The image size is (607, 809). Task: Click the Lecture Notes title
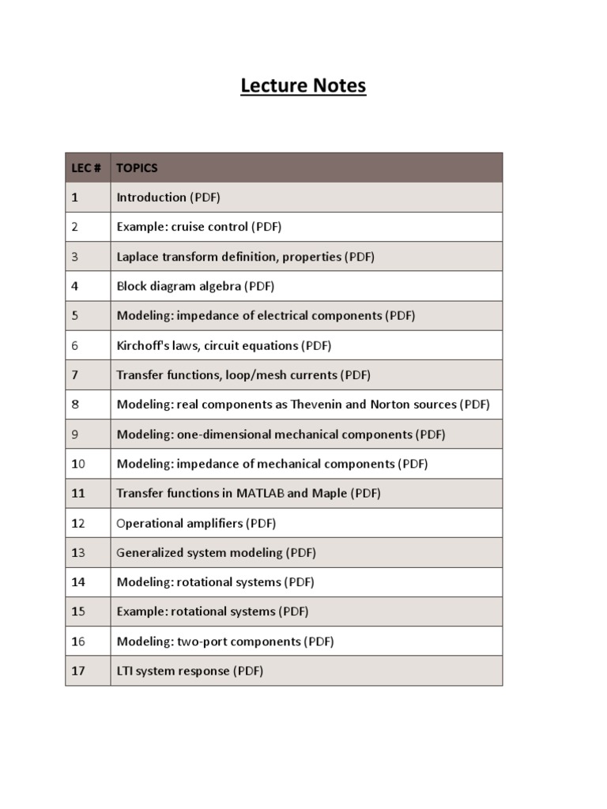coord(303,85)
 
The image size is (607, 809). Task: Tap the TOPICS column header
coord(137,167)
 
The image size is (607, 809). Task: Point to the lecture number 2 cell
coord(75,227)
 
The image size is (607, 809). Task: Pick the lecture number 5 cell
coord(75,315)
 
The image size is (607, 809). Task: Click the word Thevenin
coord(317,404)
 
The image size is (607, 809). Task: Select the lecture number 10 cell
coord(77,464)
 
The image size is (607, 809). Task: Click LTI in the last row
coord(125,671)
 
